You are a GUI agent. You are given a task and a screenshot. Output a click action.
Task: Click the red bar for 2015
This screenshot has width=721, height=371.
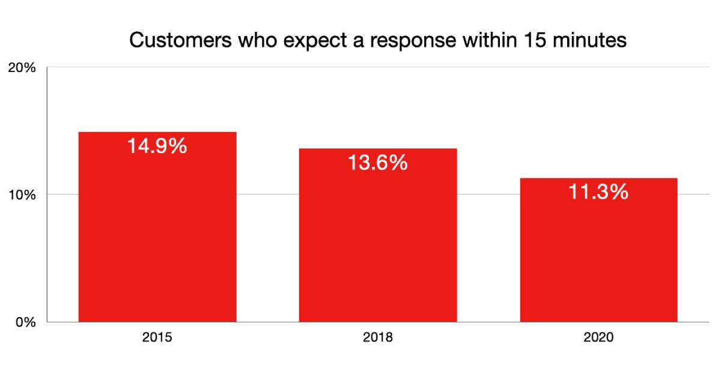pos(157,227)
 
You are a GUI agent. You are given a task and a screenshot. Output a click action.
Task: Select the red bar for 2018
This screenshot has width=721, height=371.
pos(378,235)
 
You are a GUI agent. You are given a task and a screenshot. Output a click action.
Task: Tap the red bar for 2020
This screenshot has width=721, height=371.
pos(598,250)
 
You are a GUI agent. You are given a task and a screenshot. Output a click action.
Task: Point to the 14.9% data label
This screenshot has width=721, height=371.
pos(157,146)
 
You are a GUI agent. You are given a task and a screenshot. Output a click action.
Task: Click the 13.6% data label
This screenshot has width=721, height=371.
pos(377,162)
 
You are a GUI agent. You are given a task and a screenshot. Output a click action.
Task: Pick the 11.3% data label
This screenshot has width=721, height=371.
pos(598,192)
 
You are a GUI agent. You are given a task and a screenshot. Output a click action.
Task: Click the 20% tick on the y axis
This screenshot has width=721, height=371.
pos(22,67)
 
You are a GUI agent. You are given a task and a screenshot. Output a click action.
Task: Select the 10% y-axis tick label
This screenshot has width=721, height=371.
pos(22,195)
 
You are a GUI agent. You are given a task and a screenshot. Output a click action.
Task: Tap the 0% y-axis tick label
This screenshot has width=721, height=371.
pos(26,322)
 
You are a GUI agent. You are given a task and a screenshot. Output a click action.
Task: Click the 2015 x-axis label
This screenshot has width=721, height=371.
pos(157,337)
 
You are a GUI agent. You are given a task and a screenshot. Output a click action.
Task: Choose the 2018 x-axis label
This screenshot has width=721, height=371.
pos(377,337)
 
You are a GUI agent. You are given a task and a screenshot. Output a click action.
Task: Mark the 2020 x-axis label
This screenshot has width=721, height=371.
pos(598,337)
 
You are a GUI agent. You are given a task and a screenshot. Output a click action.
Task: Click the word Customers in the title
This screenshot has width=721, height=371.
pos(180,40)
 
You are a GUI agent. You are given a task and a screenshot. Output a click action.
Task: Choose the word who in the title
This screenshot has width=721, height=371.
pos(258,40)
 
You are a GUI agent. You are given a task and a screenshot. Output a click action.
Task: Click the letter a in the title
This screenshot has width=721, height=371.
pos(358,43)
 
